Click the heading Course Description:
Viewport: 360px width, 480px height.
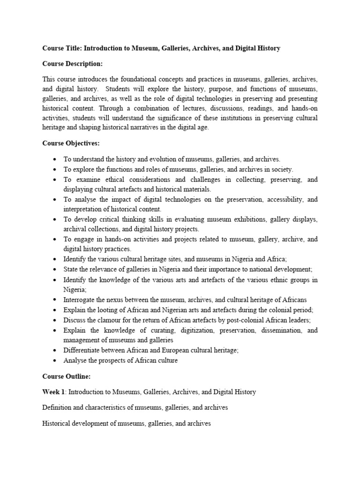pyautogui.click(x=72, y=64)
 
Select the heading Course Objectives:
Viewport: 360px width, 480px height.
pyautogui.click(x=71, y=143)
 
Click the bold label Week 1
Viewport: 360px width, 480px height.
pyautogui.click(x=54, y=391)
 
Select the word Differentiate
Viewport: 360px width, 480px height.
pyautogui.click(x=82, y=350)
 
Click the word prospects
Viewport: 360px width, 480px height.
pyautogui.click(x=109, y=360)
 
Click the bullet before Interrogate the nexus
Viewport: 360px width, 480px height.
pyautogui.click(x=55, y=299)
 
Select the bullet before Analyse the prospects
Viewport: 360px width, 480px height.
pyautogui.click(x=55, y=360)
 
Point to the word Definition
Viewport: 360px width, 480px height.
pyautogui.click(x=58, y=407)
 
